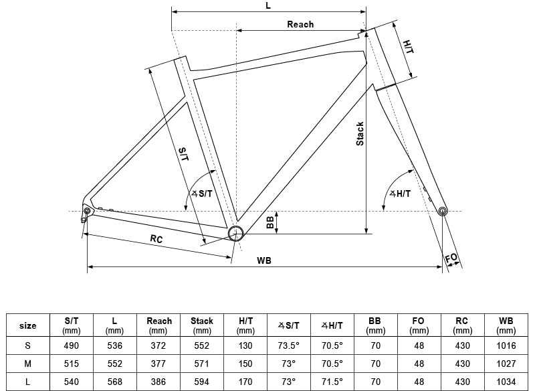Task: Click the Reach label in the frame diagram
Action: tap(300, 24)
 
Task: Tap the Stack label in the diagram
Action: tap(360, 134)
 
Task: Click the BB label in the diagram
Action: tap(270, 223)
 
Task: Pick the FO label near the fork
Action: tap(452, 258)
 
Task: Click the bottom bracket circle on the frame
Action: tap(235, 233)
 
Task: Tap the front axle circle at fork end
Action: tap(442, 212)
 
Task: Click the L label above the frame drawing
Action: tap(268, 5)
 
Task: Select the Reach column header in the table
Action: tap(159, 325)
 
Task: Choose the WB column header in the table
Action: tap(506, 325)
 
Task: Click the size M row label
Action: tap(27, 364)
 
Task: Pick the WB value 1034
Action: tap(506, 382)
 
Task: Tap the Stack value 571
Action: tap(202, 364)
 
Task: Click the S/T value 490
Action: tap(72, 345)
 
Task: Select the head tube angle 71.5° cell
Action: tap(332, 382)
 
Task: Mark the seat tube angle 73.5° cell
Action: tap(290, 345)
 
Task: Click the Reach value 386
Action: tap(159, 382)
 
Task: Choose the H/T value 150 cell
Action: tap(245, 364)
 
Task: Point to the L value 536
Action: tap(115, 345)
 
